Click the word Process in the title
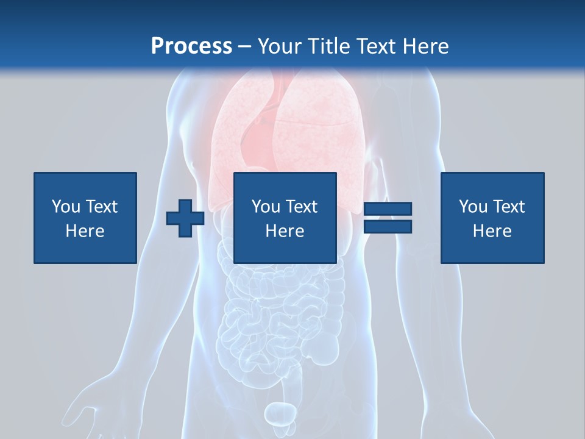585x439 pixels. pos(191,46)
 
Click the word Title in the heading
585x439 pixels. pos(329,46)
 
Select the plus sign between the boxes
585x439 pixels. pos(185,218)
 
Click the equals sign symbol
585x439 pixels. pos(388,218)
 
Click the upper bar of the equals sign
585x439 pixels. pos(388,209)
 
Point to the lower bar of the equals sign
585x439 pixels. pos(388,226)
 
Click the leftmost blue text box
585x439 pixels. pos(85,218)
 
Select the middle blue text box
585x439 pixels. pos(285,218)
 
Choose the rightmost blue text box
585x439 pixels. pos(492,218)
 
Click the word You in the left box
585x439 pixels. pos(65,207)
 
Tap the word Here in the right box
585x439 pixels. pos(492,231)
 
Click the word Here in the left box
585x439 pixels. pos(85,231)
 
